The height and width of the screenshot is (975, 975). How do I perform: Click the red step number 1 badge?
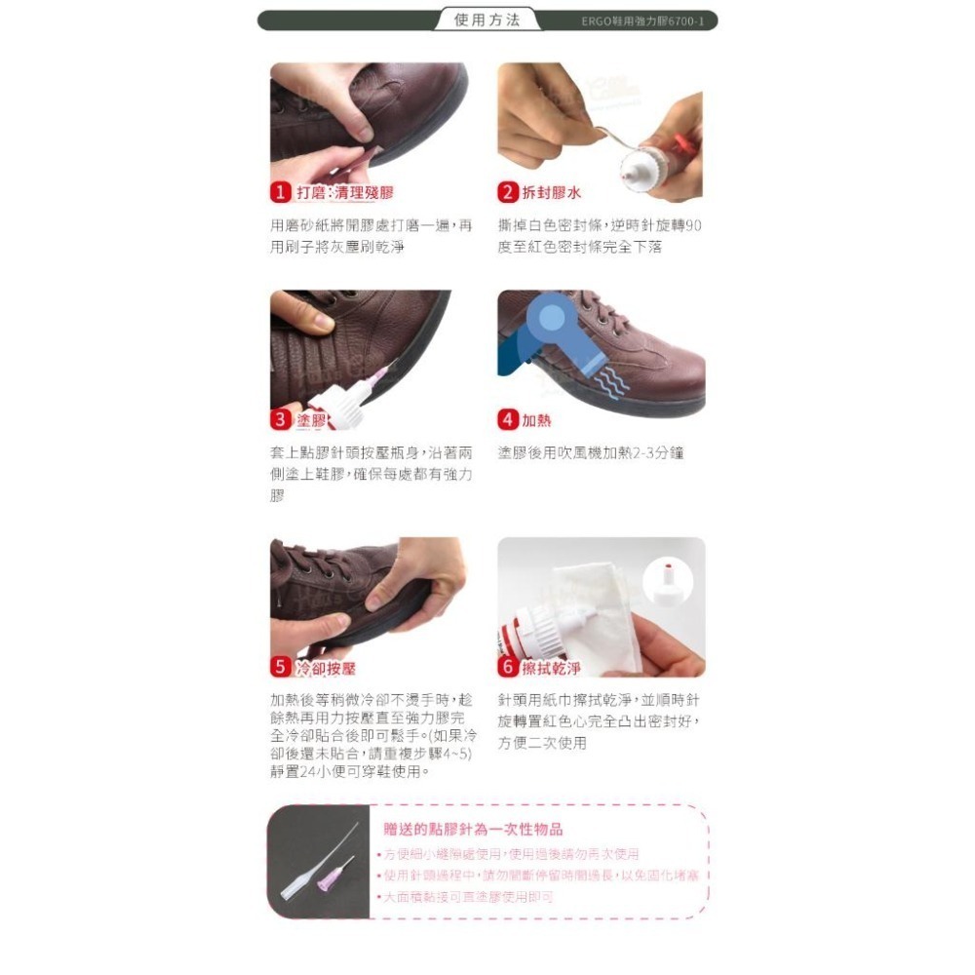point(281,192)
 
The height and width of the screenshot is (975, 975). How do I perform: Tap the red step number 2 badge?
point(508,192)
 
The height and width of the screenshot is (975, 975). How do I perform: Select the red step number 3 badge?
point(281,420)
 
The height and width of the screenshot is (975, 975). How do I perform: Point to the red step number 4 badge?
point(508,420)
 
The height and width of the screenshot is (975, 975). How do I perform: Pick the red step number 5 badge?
point(281,668)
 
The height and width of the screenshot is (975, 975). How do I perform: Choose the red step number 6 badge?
point(508,668)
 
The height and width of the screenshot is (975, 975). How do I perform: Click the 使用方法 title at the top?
point(487,20)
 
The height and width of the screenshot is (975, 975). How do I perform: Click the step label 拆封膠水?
point(552,192)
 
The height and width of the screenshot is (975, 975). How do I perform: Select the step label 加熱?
point(536,420)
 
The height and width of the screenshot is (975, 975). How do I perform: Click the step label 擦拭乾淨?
point(552,669)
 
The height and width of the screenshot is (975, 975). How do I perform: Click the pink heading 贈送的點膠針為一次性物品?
point(473,829)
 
